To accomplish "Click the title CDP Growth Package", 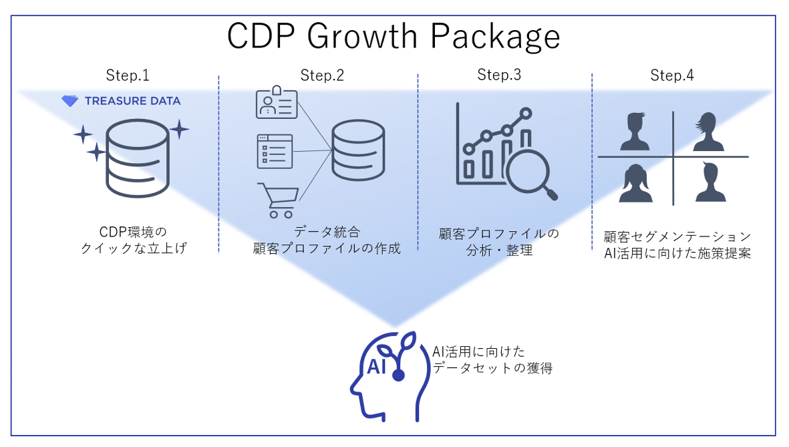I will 393,37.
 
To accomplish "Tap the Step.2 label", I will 322,76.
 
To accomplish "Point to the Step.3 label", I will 499,75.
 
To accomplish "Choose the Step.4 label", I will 672,76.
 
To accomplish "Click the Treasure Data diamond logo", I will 69,101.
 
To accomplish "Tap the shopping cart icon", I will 276,200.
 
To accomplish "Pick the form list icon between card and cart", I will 275,151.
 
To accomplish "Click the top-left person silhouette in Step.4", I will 635,132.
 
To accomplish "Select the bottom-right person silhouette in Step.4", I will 710,182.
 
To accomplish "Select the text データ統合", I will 327,233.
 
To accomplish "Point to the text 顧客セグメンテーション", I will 676,237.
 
